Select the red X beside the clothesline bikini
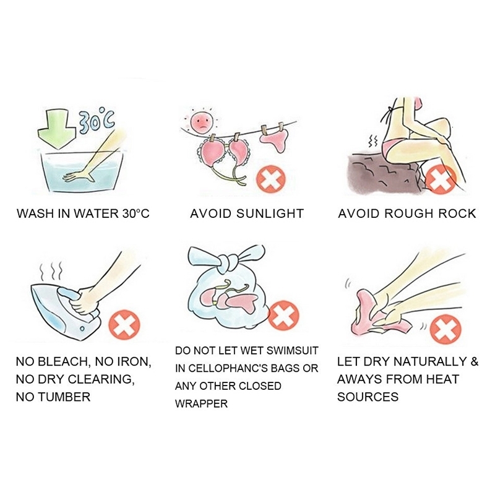(270, 179)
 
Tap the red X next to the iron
(124, 325)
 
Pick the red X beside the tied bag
(283, 316)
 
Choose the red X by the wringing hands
(445, 329)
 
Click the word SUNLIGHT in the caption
(270, 213)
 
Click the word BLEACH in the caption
(64, 362)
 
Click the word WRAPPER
(202, 404)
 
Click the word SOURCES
(368, 397)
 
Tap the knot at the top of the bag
(228, 262)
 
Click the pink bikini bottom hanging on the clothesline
(274, 140)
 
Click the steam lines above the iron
(51, 272)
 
